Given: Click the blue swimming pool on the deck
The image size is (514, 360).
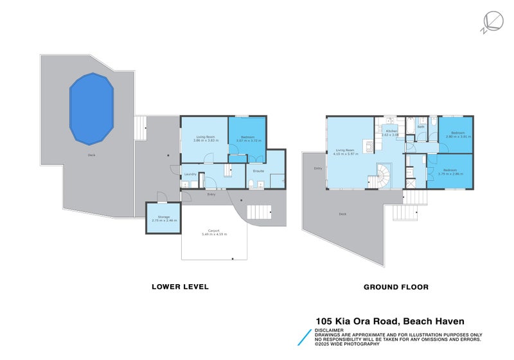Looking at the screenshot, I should click(x=91, y=108).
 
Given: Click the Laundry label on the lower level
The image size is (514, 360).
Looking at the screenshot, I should click(x=190, y=174).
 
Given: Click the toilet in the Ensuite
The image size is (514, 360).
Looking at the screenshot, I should click(x=250, y=184).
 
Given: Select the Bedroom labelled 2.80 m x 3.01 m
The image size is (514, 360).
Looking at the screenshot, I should click(x=458, y=134).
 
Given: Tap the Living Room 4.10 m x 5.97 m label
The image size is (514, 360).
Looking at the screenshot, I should click(x=345, y=152).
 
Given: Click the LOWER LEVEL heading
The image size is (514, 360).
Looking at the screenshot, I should click(x=179, y=287).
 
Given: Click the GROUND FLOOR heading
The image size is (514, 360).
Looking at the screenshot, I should click(x=396, y=287).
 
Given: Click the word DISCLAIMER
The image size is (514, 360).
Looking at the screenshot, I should click(x=328, y=330).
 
